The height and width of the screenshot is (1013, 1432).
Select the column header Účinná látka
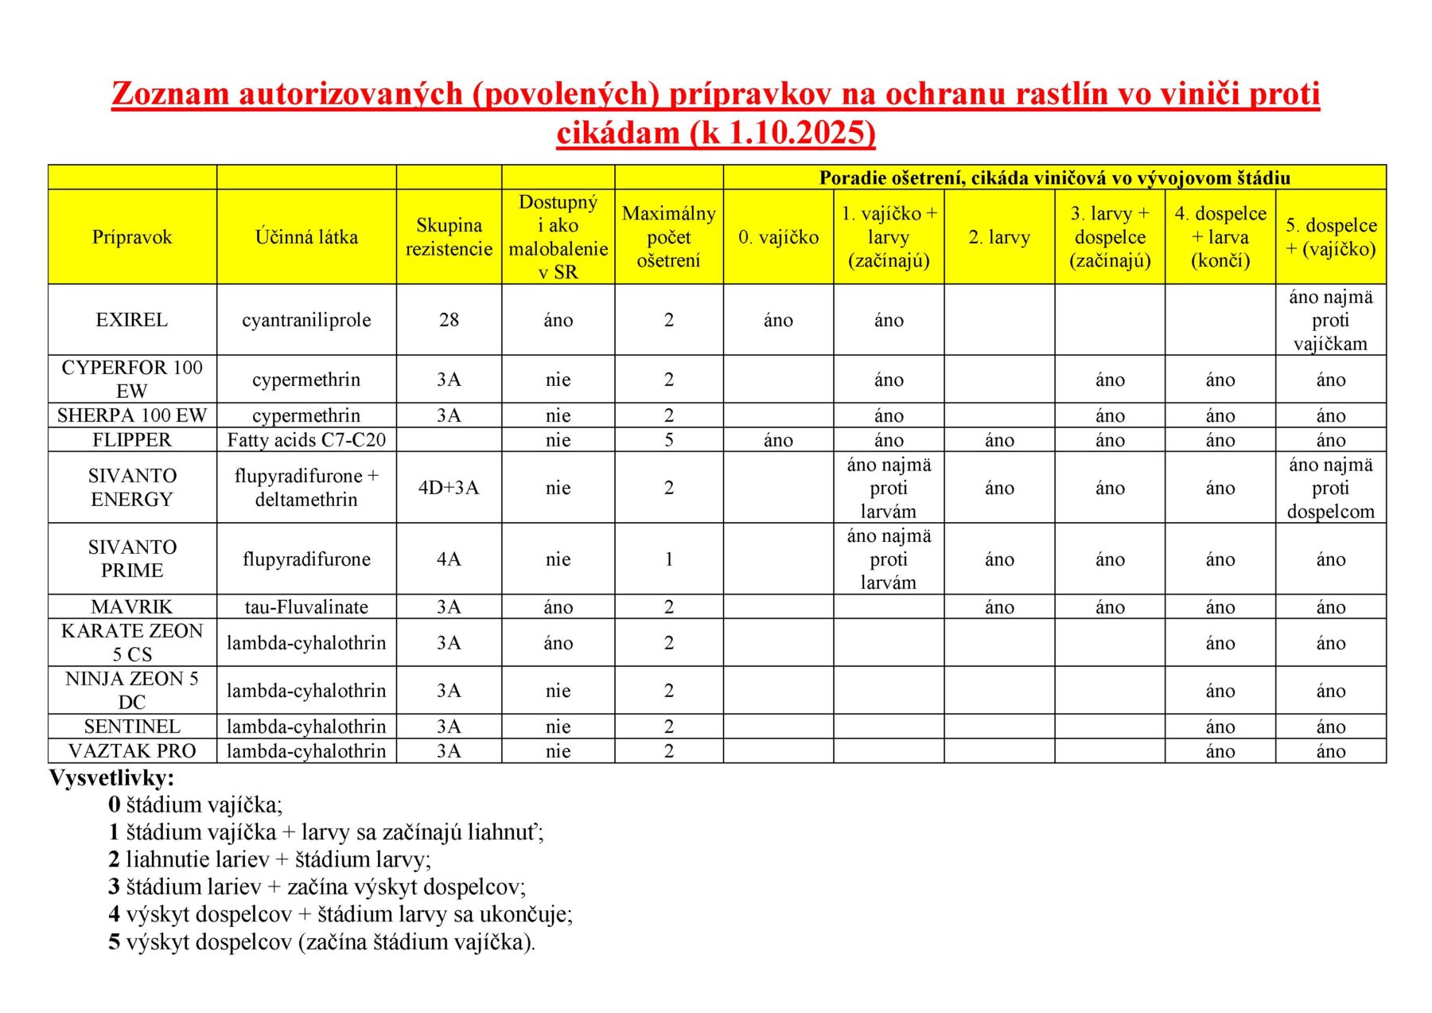306,237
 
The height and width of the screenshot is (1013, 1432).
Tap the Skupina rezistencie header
449,237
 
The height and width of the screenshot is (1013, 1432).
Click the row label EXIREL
132,320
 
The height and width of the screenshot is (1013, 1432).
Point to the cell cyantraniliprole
306,320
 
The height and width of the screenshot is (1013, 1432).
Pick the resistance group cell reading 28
449,320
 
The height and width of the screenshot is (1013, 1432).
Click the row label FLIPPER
132,440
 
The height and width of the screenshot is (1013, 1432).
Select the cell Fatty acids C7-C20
306,440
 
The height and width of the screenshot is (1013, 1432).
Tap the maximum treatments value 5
668,440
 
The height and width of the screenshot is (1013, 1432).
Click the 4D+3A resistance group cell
449,488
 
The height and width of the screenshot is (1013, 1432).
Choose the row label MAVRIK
132,607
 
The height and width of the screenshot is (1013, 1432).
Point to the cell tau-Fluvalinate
306,607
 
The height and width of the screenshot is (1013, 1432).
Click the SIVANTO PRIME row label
132,559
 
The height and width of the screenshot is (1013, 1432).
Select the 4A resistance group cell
449,559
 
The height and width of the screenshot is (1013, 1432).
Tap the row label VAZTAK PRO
132,751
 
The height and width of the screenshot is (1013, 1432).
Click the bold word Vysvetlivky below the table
111,777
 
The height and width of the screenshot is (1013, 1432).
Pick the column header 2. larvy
999,237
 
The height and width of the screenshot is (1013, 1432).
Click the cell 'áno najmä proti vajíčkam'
1330,320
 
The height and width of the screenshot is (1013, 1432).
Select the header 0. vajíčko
778,237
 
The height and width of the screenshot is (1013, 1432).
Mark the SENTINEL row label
132,727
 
